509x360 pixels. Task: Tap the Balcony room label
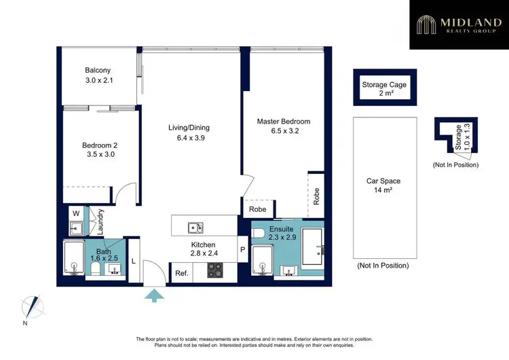tap(98, 75)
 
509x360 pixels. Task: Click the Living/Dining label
tap(189, 132)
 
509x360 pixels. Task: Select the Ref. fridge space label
tap(181, 273)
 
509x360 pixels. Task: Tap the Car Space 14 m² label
tap(383, 186)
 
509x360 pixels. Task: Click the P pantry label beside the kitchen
tap(242, 249)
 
